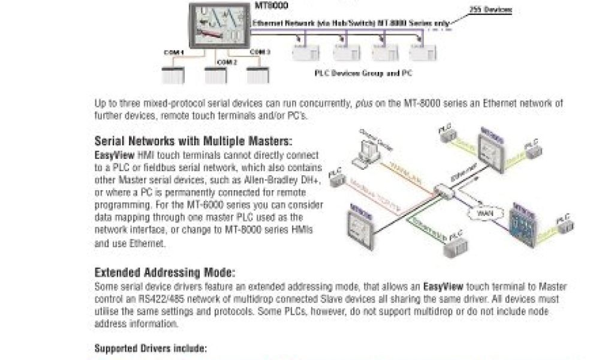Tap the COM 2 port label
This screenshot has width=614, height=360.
click(x=227, y=62)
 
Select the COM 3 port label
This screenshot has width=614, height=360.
click(x=260, y=52)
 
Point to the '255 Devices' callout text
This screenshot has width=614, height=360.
click(x=492, y=10)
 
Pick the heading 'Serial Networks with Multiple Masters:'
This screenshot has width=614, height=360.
click(x=193, y=142)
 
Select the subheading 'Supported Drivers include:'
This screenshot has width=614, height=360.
click(x=151, y=348)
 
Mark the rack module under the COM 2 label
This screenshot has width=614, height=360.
click(x=217, y=76)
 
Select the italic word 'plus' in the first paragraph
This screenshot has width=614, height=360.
click(x=359, y=104)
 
